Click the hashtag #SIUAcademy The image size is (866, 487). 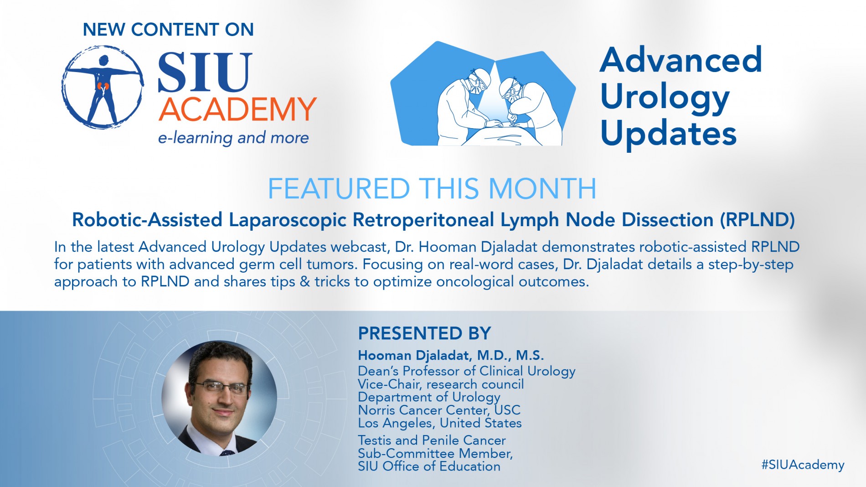pos(803,465)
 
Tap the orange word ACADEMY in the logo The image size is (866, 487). pos(237,109)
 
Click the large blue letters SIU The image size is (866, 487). pos(205,72)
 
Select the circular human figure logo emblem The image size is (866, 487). pos(103,86)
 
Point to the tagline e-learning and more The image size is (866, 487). pos(233,138)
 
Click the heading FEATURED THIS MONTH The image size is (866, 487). pos(432,188)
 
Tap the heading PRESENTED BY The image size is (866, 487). pos(424,333)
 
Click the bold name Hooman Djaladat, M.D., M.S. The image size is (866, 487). pos(451,355)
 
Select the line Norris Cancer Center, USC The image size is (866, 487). pos(439,410)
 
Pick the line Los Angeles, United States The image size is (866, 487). pos(440,423)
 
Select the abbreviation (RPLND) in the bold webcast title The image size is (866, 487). pos(758,220)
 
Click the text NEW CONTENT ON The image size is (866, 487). pos(168,30)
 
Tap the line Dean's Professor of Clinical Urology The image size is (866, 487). pos(467,371)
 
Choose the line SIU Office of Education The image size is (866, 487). pos(429,466)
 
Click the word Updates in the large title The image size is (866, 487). pos(669,134)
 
